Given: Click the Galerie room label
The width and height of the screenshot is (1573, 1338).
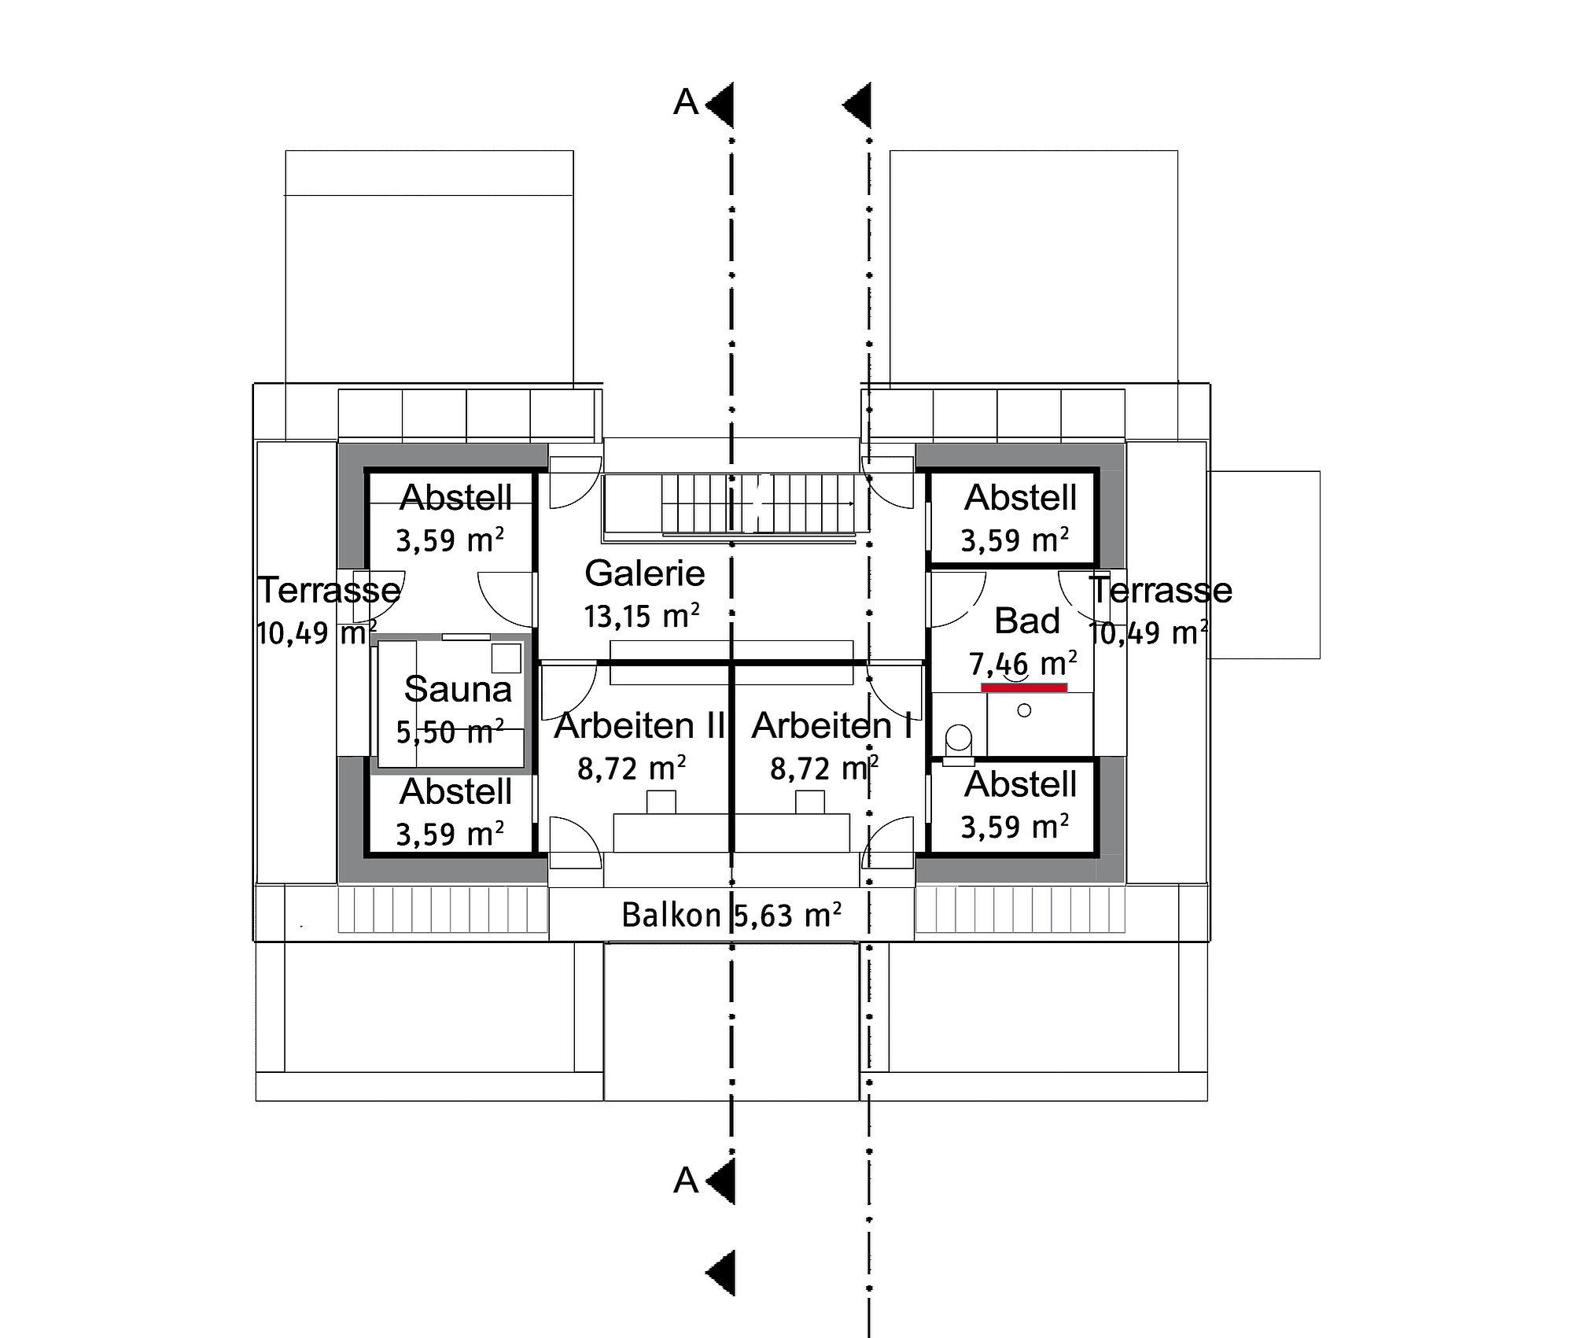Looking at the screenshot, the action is [644, 573].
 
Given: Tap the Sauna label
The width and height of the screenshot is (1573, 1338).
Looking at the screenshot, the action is [458, 689].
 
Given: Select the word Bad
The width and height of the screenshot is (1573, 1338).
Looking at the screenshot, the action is [1027, 621].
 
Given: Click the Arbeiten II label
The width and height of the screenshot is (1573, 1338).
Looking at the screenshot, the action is [639, 725].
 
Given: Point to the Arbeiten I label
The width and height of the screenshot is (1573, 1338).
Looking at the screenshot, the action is [832, 725].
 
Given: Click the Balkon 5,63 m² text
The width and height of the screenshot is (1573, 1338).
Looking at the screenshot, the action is [731, 915].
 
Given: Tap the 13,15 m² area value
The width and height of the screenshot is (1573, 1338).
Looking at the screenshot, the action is [642, 617].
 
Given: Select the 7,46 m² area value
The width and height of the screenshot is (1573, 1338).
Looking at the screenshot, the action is [1022, 665].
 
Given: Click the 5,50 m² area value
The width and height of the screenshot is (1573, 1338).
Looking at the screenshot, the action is [450, 732].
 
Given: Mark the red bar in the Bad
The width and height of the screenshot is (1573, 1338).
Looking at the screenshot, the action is [1024, 687].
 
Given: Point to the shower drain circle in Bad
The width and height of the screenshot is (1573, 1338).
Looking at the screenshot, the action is [1024, 710].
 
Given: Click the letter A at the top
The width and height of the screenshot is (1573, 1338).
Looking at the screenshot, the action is [686, 103].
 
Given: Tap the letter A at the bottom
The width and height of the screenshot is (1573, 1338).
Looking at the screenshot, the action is [686, 1181].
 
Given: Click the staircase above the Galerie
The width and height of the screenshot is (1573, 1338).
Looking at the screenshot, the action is [758, 503].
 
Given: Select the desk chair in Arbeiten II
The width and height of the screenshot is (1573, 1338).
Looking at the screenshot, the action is [661, 802].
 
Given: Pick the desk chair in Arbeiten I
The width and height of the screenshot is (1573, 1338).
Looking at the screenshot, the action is [810, 802].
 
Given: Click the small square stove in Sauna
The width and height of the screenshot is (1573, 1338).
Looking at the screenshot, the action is [507, 658].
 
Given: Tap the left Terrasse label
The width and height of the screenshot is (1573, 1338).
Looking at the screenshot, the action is [329, 590].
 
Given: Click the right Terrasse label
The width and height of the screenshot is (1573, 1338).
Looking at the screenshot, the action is [1161, 590].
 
